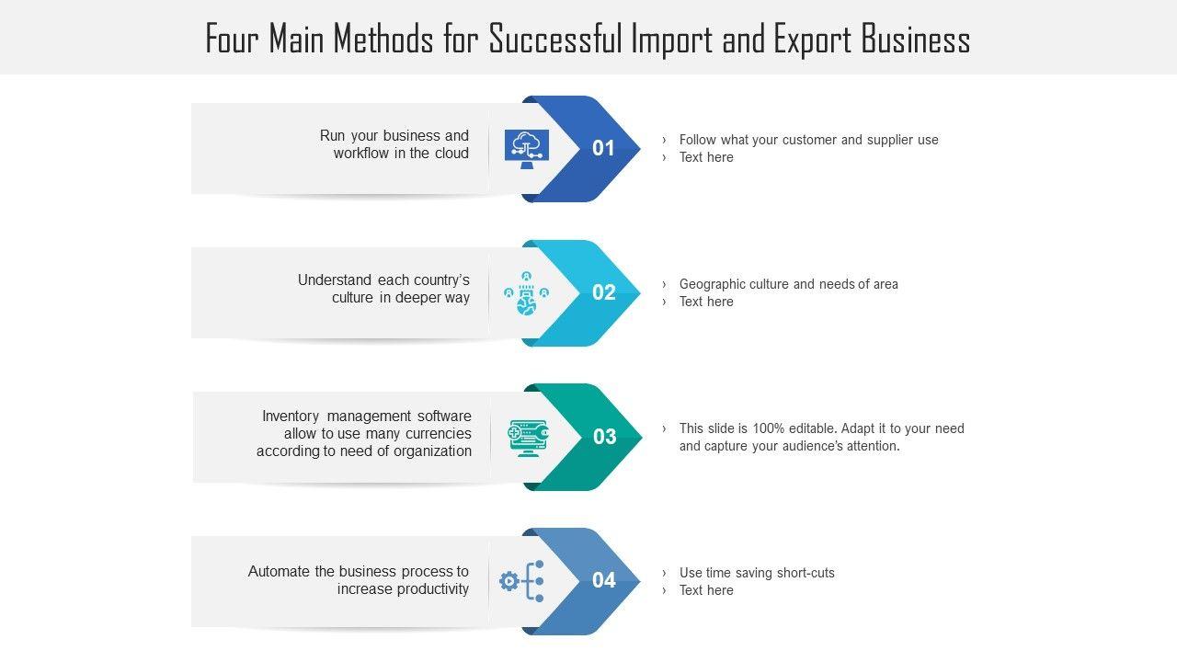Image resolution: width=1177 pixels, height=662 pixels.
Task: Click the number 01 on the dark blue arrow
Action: pos(603,148)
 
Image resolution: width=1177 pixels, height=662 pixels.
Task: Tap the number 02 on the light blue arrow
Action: pos(603,292)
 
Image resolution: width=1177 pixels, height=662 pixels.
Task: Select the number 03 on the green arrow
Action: pos(604,437)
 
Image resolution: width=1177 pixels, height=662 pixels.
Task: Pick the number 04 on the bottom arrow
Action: pos(603,580)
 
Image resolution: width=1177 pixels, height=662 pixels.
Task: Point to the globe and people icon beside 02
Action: pos(526,293)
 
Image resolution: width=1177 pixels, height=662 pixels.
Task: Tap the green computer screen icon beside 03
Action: pos(529,438)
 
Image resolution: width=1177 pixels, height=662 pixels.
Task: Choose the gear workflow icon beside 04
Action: pos(522,581)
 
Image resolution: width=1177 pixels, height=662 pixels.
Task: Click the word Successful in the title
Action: pos(554,40)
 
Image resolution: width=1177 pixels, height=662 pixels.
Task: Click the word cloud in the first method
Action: pos(451,154)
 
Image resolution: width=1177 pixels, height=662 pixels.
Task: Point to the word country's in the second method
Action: pos(437,280)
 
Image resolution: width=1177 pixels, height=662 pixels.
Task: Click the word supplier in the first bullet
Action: pos(891,140)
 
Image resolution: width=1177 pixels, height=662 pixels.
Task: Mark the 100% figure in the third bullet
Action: pos(769,428)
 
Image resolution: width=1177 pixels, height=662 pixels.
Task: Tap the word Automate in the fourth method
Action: pos(279,571)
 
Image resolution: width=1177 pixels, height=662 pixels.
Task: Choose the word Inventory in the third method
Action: pos(290,416)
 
